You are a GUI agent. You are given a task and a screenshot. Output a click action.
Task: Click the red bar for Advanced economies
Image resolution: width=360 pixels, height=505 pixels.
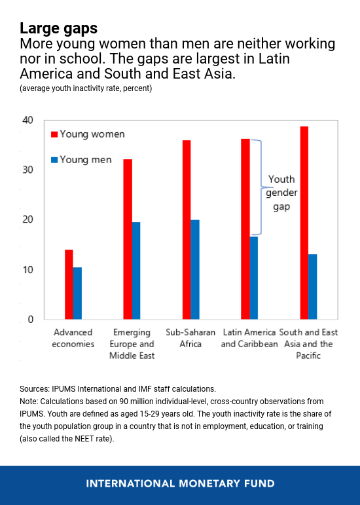click(x=69, y=284)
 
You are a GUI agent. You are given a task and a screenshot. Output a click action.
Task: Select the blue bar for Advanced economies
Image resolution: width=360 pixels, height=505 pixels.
click(x=77, y=293)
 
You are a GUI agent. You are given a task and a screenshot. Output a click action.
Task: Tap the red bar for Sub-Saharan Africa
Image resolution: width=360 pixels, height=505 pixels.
click(x=187, y=230)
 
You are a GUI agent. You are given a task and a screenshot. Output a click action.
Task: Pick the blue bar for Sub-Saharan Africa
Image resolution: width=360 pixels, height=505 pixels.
click(x=195, y=270)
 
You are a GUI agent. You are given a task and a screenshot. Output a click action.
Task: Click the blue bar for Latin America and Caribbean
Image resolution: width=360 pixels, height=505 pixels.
click(x=254, y=278)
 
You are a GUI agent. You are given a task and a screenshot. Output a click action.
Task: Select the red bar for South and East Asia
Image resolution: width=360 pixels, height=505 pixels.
click(x=304, y=223)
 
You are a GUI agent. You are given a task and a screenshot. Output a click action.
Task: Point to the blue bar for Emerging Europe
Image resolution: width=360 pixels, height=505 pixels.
click(x=136, y=271)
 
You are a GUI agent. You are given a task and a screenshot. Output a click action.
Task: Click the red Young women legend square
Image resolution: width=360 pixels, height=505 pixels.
click(x=54, y=134)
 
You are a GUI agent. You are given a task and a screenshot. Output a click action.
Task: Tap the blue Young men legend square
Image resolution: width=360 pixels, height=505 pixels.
click(x=54, y=160)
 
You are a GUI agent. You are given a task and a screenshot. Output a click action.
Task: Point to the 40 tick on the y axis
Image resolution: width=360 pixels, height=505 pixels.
click(x=28, y=120)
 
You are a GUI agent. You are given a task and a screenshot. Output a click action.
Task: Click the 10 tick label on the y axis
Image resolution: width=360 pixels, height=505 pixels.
click(x=28, y=270)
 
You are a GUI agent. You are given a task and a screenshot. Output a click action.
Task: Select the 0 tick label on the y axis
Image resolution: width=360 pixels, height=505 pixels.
click(x=31, y=319)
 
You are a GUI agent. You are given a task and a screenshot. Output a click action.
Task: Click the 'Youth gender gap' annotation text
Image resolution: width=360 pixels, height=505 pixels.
click(x=281, y=193)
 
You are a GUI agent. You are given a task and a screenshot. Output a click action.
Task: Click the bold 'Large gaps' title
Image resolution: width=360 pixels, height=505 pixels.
click(x=58, y=28)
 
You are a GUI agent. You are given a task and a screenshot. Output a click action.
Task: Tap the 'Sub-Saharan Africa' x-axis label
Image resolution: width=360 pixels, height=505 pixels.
click(x=190, y=338)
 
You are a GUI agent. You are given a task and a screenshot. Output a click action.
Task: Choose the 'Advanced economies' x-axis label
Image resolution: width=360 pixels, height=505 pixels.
click(x=73, y=338)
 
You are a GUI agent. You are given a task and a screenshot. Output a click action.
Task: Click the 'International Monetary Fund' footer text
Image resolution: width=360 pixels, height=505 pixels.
click(x=180, y=483)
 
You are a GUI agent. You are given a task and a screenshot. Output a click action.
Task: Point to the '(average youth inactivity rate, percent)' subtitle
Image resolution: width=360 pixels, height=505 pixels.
click(x=86, y=88)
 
